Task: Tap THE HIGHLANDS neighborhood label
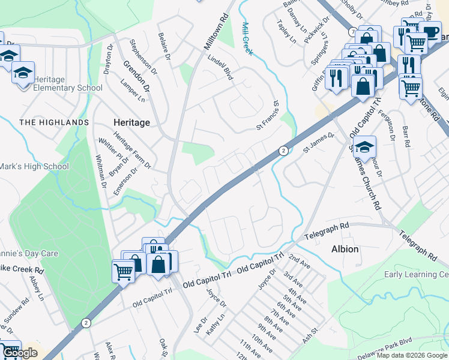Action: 54,122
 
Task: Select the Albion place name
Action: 345,249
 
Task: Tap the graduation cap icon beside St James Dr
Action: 364,146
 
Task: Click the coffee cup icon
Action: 430,32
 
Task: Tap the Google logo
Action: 19,353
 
